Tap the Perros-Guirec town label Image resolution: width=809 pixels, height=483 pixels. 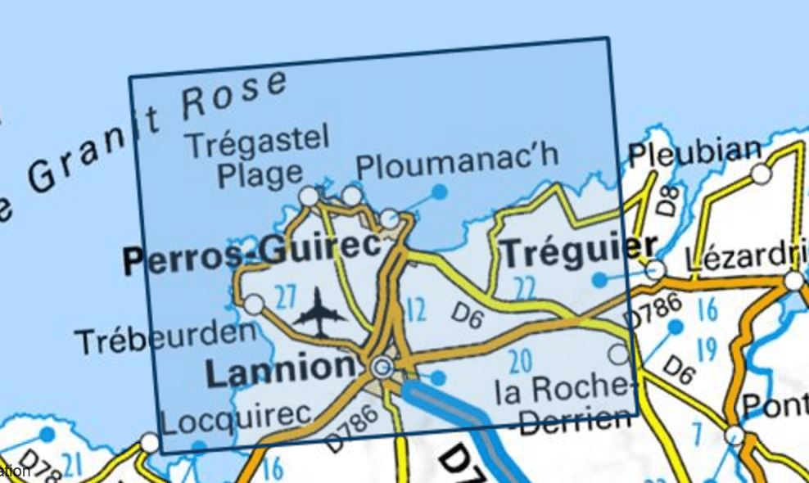(x=252, y=260)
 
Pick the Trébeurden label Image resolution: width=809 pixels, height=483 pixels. (x=165, y=337)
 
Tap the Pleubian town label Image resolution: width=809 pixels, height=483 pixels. (x=694, y=152)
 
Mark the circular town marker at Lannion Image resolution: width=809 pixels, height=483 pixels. (x=381, y=368)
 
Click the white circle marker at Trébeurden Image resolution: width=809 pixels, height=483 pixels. (x=255, y=305)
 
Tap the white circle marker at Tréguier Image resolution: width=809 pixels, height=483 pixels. (x=655, y=270)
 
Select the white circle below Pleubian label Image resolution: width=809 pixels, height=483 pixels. (x=762, y=174)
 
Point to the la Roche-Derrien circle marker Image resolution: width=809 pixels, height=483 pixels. (x=619, y=354)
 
